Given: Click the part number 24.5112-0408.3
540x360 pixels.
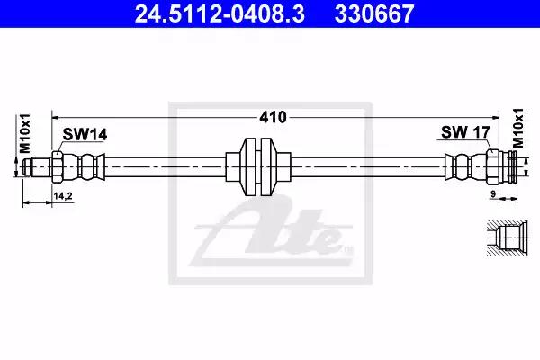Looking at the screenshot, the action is pos(220,14).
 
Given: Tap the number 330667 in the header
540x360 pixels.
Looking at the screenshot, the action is pos(374,14).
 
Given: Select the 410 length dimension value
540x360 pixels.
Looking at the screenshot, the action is pos(273,118).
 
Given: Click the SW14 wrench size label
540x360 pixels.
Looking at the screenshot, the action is pos(85,134).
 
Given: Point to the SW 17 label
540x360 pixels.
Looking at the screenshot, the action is pos(465,132).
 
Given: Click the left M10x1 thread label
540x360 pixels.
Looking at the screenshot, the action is pos(25,134).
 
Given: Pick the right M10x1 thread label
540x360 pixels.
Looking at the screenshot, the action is pos(517,128).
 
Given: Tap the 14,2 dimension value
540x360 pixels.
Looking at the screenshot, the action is pos(63,196).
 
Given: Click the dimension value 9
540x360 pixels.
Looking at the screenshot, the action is pos(493,194).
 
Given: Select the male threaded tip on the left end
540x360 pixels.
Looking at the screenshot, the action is pos(37,167).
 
